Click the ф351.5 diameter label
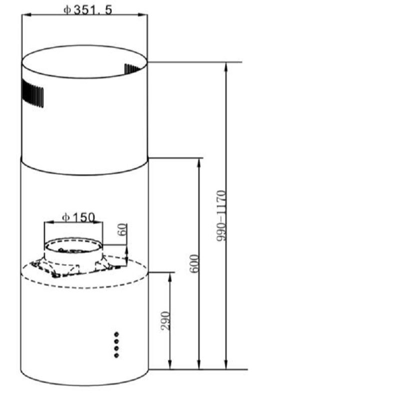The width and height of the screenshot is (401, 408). pos(88,10)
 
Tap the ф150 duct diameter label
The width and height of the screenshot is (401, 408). pos(79,217)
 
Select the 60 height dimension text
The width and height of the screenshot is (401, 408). pos(123,229)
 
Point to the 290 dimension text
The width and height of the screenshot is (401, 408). pos(166,320)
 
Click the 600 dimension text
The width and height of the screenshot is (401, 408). pos(194,263)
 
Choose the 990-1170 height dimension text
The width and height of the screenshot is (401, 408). pos(221,216)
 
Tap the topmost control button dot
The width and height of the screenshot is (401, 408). pos(116,334)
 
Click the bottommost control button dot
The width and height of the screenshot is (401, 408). pos(116,355)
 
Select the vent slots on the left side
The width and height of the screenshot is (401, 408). pos(33,93)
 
